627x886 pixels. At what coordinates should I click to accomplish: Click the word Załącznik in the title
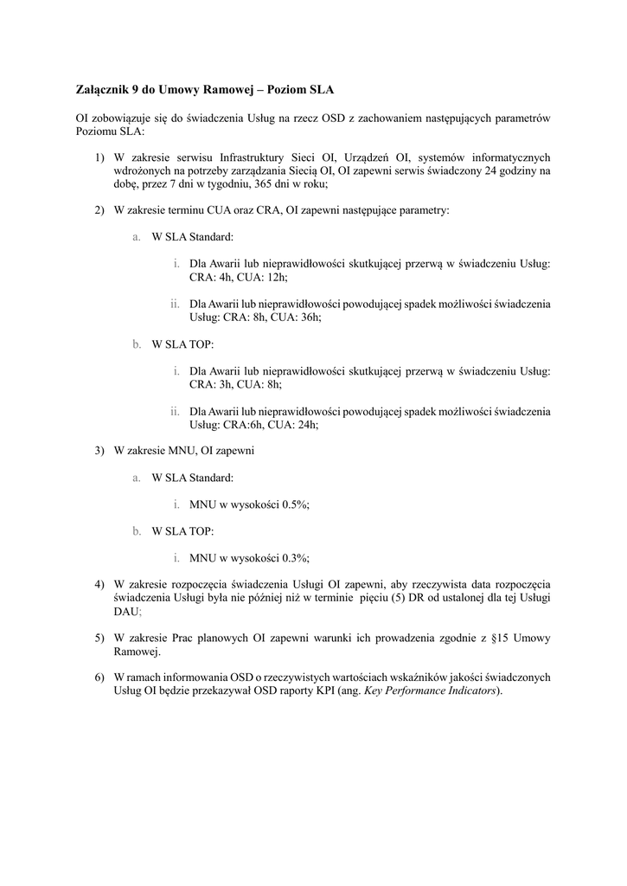click(x=100, y=89)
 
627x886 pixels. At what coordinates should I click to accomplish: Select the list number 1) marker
click(x=100, y=157)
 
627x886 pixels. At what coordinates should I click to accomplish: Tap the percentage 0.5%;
click(x=294, y=504)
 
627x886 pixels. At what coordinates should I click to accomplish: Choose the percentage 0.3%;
click(x=294, y=558)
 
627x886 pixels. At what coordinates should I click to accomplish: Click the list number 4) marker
click(x=100, y=585)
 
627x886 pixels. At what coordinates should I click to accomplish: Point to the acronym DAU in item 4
click(x=125, y=611)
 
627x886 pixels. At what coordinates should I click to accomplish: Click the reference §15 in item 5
click(x=500, y=638)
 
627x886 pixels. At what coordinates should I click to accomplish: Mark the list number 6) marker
click(x=100, y=677)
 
